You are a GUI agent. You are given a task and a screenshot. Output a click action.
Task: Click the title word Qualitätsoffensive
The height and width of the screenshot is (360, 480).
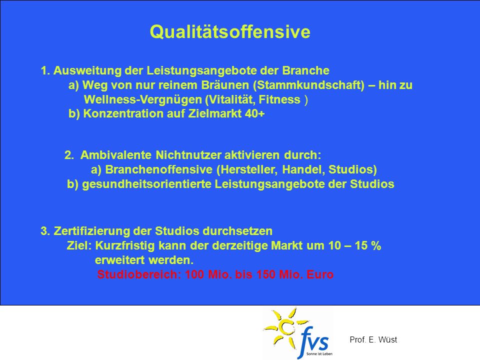click(230, 32)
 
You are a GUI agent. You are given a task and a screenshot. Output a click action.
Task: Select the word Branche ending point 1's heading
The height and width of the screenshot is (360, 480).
click(305, 70)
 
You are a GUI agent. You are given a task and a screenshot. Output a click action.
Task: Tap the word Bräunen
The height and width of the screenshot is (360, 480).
click(225, 85)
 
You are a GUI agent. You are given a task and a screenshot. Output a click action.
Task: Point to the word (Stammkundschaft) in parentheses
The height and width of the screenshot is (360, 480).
click(309, 85)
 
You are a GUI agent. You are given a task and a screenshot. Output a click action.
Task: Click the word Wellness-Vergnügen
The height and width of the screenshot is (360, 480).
click(143, 100)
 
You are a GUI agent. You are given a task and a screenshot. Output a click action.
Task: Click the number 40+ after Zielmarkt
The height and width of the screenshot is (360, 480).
click(254, 114)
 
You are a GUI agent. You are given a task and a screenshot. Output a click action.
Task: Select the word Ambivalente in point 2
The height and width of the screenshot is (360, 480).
click(115, 155)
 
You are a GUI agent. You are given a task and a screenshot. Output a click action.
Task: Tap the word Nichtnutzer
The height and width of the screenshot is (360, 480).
click(188, 155)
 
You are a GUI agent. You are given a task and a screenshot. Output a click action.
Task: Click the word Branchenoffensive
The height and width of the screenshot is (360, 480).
click(158, 169)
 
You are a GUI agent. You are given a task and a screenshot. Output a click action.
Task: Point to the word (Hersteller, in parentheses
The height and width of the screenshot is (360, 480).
click(247, 169)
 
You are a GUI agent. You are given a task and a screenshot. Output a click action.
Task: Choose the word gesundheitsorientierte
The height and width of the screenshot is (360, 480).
click(146, 184)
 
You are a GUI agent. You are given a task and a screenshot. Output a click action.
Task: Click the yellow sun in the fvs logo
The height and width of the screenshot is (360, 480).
click(286, 329)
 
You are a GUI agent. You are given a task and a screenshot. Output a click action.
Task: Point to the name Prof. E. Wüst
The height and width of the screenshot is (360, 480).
click(373, 339)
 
